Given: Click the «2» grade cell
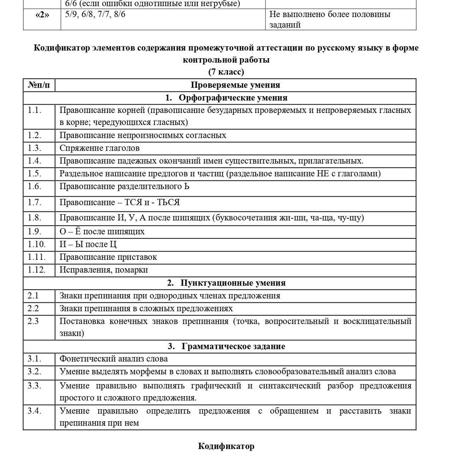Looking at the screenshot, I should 42,15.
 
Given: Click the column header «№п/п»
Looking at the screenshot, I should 39,85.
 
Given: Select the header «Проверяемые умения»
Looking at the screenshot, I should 235,85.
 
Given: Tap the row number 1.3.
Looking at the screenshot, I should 35,148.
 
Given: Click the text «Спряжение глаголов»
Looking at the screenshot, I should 99,148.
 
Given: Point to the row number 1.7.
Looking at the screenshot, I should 35,203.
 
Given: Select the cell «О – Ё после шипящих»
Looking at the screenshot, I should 102,232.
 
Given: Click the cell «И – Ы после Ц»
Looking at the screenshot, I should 88,244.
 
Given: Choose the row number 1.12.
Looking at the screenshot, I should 37,270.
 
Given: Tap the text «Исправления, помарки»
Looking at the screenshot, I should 103,270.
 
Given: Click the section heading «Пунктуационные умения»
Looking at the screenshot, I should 233,283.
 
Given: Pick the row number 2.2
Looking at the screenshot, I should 33,309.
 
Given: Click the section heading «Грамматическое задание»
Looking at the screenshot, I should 233,346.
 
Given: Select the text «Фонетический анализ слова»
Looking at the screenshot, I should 113,359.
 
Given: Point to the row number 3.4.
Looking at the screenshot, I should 35,411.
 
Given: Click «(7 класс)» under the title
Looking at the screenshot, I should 226,72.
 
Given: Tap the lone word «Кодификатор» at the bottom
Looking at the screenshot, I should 226,446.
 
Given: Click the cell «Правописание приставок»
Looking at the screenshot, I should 108,257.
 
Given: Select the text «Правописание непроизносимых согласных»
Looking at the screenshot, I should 143,136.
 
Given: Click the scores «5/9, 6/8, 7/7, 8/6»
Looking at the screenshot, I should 95,15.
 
